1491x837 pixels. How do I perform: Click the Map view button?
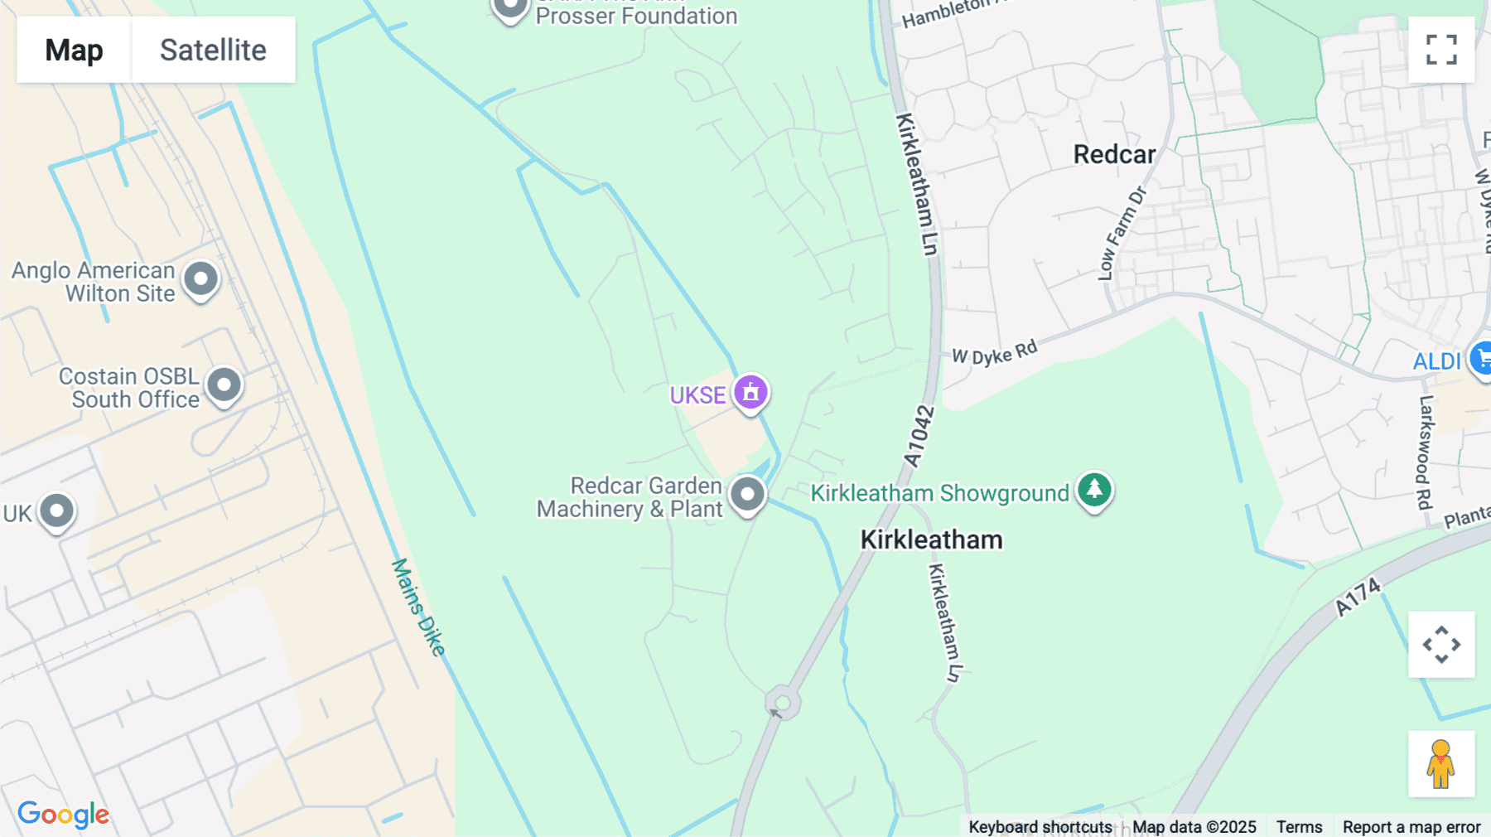pos(74,50)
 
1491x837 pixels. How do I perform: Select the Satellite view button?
pos(213,50)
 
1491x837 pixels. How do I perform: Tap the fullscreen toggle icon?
pos(1441,50)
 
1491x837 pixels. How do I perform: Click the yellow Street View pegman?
pos(1441,764)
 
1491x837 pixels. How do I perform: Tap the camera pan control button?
pos(1441,645)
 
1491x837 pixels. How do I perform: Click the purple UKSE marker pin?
pos(750,392)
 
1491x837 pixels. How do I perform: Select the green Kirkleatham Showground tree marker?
pos(1094,490)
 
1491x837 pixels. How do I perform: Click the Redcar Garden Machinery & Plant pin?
pos(747,494)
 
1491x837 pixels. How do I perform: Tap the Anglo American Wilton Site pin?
pos(200,279)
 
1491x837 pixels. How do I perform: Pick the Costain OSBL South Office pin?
pos(224,385)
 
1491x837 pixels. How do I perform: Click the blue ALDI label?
pos(1436,361)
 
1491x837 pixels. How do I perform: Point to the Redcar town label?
pos(1114,154)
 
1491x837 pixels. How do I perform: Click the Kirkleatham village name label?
pos(931,539)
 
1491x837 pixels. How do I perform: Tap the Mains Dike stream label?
pos(418,607)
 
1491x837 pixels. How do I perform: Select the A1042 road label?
pos(919,437)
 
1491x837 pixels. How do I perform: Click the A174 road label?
pos(1358,597)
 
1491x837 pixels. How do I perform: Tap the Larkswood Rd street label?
pos(1425,452)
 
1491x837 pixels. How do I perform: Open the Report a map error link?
pos(1411,827)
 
